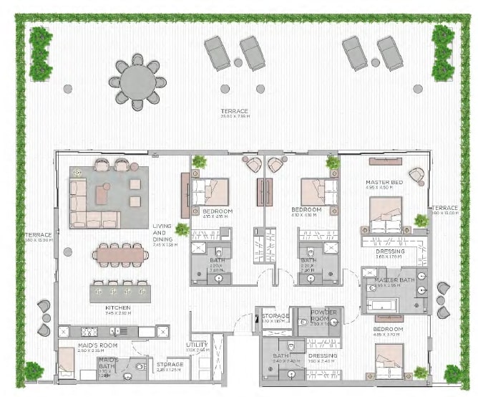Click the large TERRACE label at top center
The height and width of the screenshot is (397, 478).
coord(235,112)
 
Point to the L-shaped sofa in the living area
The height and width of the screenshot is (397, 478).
coord(90,204)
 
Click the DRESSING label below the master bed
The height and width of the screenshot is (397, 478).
coord(389,252)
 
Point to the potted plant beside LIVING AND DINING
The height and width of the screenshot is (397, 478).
coord(182,229)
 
